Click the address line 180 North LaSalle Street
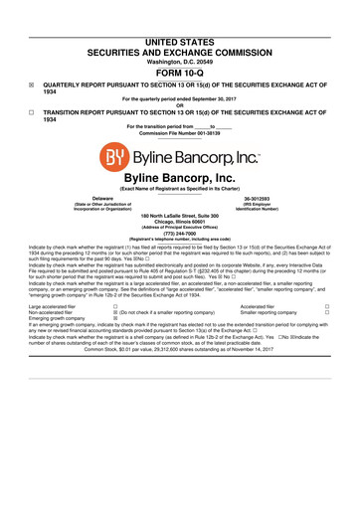tap(179, 215)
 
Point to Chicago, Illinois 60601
tap(179, 222)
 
